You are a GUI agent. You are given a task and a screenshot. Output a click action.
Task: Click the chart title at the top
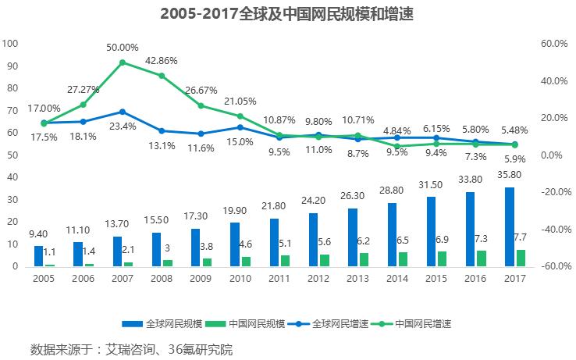point(287,14)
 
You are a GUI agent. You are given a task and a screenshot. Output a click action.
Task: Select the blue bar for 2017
point(510,226)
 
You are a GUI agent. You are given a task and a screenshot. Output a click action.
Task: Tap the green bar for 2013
point(363,259)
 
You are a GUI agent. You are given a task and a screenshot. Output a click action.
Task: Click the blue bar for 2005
point(39,256)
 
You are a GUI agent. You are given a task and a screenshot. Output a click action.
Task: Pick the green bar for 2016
point(481,258)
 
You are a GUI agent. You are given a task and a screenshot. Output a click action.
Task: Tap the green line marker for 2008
point(162,76)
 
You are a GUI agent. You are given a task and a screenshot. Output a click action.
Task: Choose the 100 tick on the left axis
point(11,44)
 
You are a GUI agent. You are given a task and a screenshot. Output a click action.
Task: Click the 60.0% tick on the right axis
point(553,44)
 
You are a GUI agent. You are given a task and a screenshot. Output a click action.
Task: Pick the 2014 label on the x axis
point(396,277)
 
